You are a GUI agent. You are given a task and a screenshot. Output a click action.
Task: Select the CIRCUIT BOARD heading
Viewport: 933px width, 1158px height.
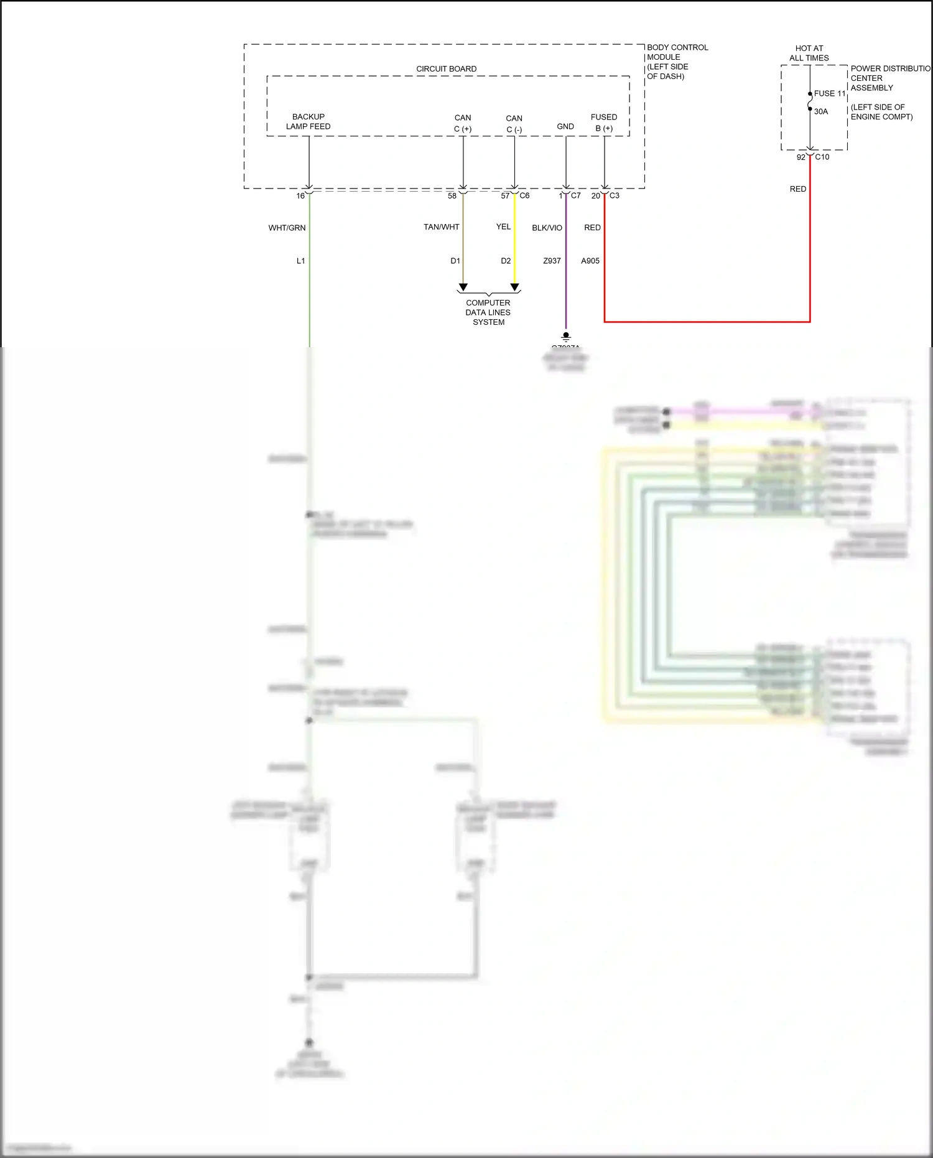tap(446, 69)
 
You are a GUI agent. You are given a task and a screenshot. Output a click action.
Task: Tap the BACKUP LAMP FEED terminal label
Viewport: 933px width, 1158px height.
tap(308, 121)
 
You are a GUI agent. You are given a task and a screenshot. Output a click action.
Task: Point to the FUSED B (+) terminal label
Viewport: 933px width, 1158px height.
tap(603, 123)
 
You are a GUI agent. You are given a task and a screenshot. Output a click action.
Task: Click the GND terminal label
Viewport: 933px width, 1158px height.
tap(565, 126)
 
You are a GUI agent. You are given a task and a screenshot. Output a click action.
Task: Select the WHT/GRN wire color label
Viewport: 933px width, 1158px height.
tap(287, 228)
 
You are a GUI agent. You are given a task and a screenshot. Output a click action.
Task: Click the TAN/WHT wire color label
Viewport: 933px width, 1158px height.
tap(441, 227)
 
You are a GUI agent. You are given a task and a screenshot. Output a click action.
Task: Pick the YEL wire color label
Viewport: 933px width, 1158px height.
tap(503, 226)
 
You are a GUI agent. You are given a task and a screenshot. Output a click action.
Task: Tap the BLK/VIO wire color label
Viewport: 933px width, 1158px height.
tap(547, 228)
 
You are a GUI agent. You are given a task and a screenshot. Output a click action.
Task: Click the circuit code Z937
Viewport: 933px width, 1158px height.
tap(552, 261)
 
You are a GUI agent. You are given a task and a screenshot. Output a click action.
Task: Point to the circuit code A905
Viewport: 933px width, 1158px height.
tap(590, 261)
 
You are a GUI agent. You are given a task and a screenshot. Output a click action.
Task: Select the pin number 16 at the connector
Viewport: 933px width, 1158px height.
tap(300, 196)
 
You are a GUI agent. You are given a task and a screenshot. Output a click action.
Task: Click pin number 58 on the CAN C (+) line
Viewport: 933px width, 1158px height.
tap(452, 195)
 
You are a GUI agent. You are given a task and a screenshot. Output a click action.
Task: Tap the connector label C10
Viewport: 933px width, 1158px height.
tap(822, 157)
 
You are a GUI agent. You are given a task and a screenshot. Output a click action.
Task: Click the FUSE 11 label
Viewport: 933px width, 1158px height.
tap(830, 93)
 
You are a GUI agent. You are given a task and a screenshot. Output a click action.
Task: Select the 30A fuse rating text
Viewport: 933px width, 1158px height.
tap(821, 112)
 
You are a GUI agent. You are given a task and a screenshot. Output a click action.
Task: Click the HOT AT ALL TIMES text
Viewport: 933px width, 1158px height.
tap(809, 53)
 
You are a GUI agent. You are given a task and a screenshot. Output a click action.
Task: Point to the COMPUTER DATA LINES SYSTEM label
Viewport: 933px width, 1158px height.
tap(488, 312)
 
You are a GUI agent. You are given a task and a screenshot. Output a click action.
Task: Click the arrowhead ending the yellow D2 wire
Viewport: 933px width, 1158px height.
tap(514, 287)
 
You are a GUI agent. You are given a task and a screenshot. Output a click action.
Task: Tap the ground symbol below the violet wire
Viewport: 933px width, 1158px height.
tap(565, 337)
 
